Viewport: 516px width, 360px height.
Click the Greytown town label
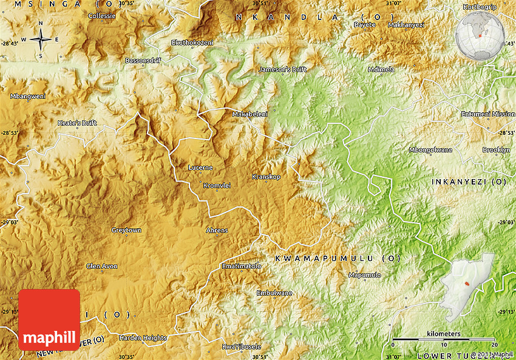point(126,230)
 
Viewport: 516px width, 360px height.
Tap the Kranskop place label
point(266,177)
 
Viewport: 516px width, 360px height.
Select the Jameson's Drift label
point(282,69)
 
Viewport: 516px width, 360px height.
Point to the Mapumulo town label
point(365,275)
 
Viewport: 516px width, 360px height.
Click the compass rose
point(41,39)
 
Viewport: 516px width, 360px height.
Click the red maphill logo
point(49,320)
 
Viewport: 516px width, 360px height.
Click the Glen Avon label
point(102,266)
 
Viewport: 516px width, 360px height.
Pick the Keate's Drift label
point(77,123)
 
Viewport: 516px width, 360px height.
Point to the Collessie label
point(101,16)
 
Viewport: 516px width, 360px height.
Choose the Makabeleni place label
point(250,114)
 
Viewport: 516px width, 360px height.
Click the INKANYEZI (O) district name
point(469,182)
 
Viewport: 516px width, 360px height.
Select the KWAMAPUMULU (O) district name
point(338,259)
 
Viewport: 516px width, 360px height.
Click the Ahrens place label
point(217,230)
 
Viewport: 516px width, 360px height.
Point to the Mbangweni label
point(28,96)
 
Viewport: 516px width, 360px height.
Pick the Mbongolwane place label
point(430,150)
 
